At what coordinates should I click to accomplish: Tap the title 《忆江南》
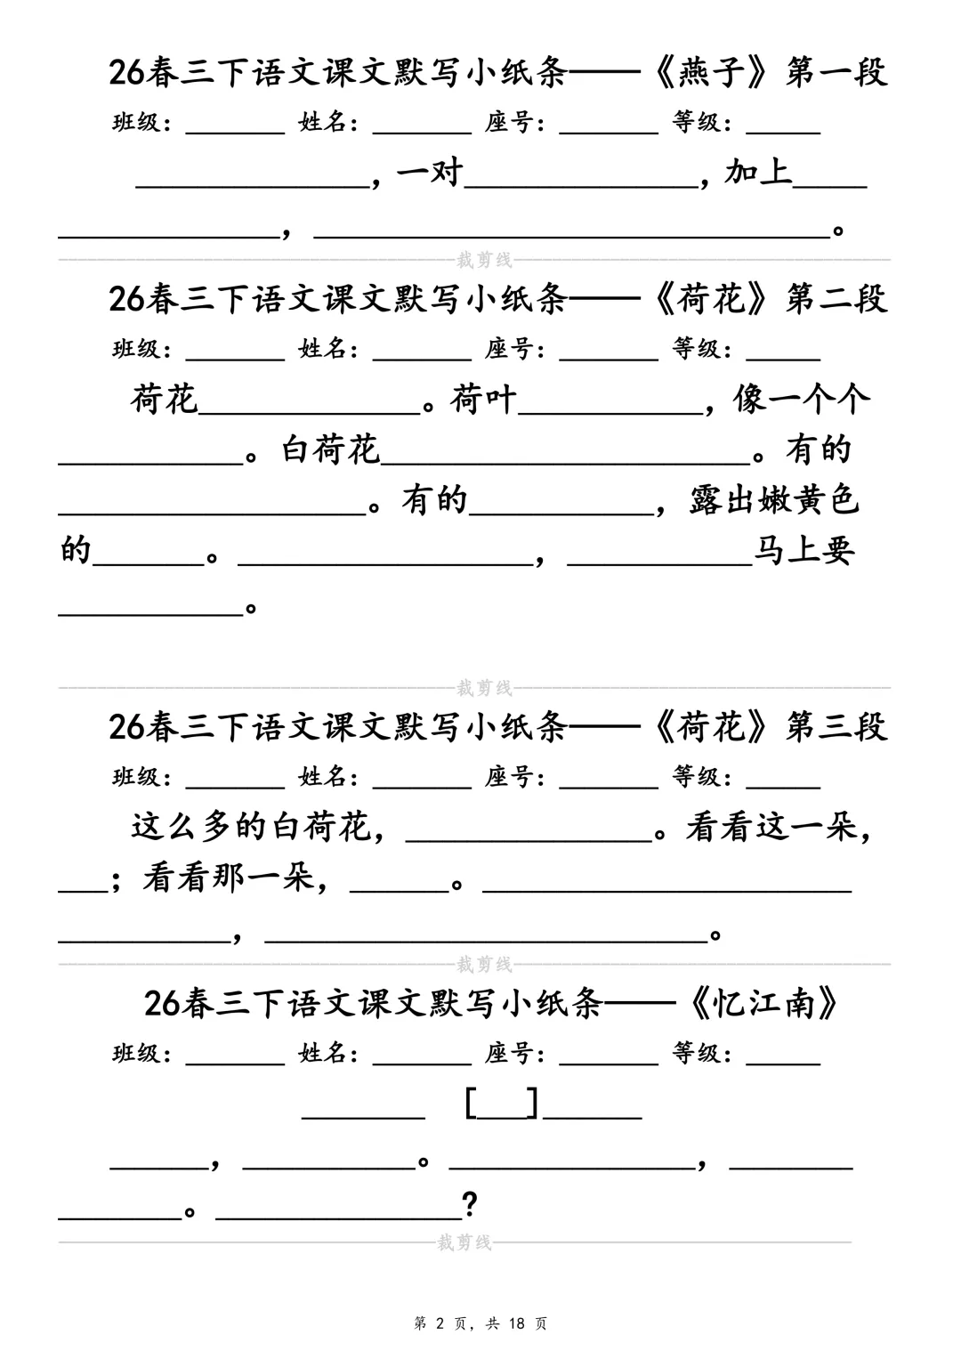tap(765, 1004)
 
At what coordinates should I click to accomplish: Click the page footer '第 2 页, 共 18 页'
tap(480, 1323)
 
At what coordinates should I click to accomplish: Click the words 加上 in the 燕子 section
tap(758, 172)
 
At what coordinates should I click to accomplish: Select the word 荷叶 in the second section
tap(483, 400)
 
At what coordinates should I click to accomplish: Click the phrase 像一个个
tap(802, 400)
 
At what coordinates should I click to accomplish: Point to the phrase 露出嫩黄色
tap(774, 501)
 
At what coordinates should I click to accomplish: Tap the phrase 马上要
tap(804, 552)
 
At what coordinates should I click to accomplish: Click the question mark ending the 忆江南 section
tap(470, 1206)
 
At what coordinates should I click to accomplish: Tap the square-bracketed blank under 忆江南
tap(502, 1104)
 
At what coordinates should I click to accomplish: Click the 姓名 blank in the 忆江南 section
tap(422, 1056)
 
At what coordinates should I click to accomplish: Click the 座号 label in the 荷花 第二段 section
tap(514, 349)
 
